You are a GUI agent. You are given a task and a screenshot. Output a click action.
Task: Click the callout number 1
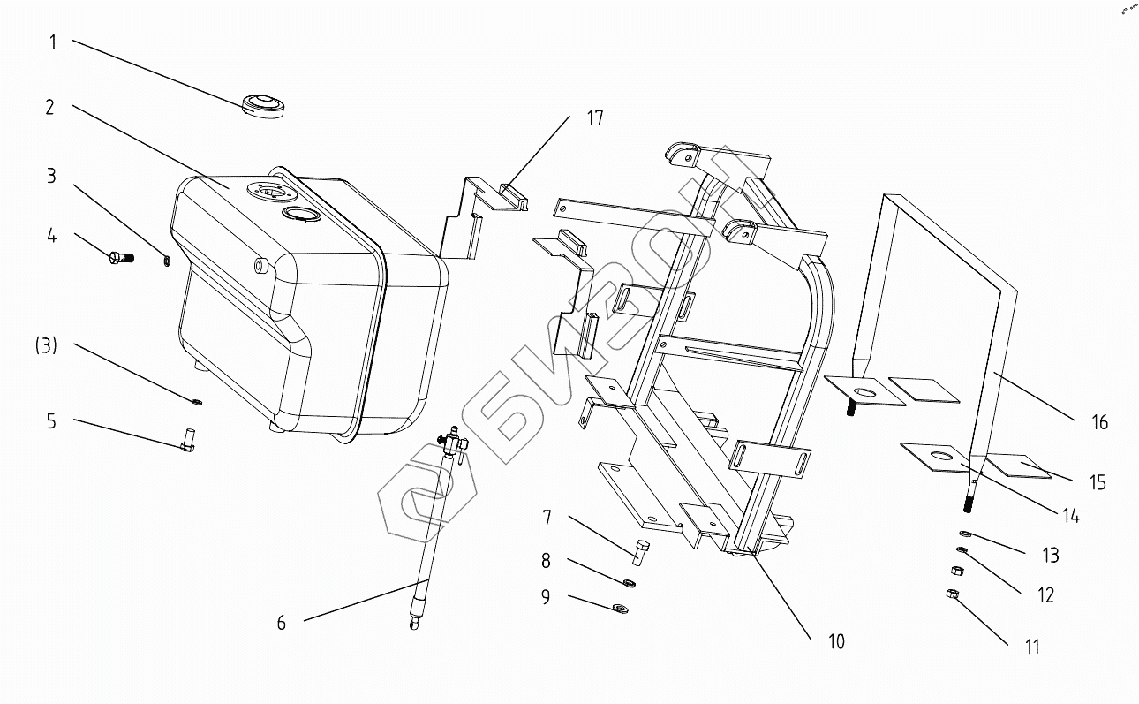[x=53, y=42]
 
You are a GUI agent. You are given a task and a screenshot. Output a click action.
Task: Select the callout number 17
[x=595, y=117]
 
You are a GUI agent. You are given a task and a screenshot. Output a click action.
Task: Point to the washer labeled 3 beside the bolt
[x=167, y=261]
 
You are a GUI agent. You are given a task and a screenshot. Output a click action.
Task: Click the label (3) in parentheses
[x=46, y=346]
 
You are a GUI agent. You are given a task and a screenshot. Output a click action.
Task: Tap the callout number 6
[x=281, y=623]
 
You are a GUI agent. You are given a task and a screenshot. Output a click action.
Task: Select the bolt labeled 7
[x=641, y=552]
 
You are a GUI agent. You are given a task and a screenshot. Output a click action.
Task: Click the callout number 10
[x=836, y=641]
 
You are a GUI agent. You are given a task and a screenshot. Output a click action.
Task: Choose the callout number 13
[x=1050, y=556]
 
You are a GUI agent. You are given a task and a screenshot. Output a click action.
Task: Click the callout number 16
[x=1099, y=422]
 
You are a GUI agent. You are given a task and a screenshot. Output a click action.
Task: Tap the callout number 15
[x=1098, y=483]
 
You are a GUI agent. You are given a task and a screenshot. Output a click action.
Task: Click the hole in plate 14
[x=943, y=457]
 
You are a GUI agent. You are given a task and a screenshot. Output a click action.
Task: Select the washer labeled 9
[x=620, y=607]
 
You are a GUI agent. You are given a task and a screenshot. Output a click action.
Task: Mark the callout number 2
[x=50, y=107]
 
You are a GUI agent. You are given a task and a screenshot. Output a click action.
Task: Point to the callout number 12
[x=1045, y=595]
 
